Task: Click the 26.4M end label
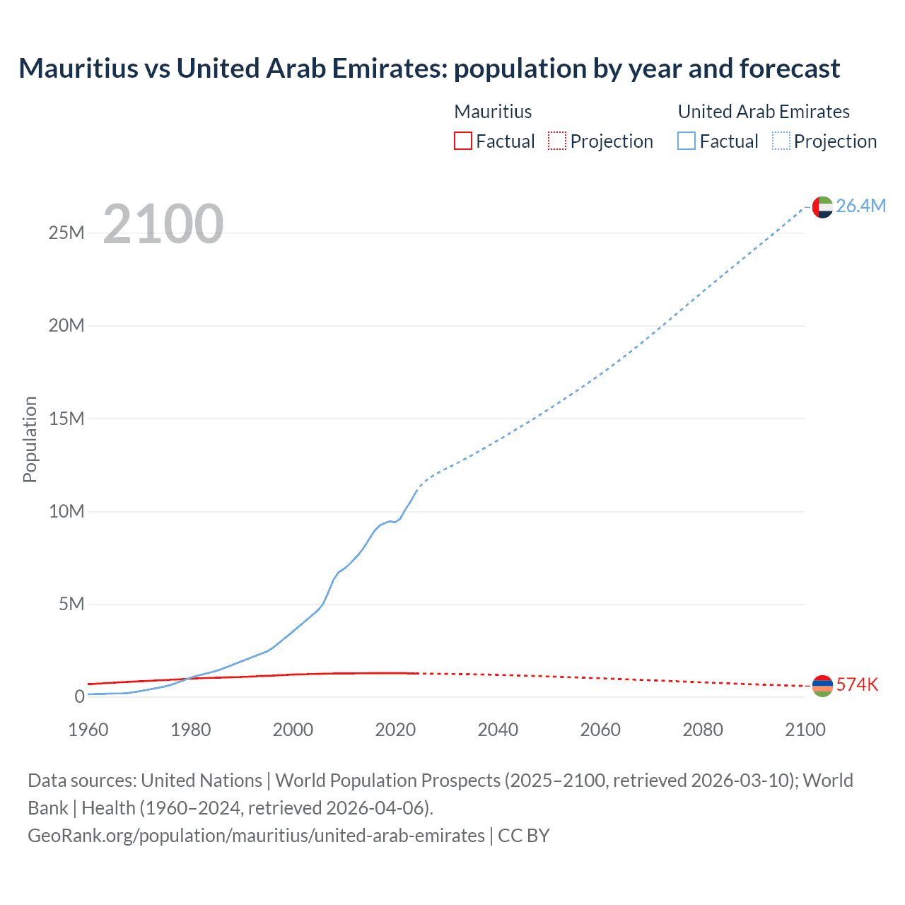pos(860,206)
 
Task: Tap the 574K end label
pos(857,684)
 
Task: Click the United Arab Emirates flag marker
pos(822,207)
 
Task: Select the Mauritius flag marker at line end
pos(822,686)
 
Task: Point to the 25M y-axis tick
pos(66,233)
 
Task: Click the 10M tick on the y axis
pos(66,511)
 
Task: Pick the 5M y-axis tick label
pos(71,604)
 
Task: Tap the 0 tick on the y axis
pos(79,696)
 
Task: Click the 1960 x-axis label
pos(88,730)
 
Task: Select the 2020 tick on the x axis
pos(395,730)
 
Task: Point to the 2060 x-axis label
pos(600,730)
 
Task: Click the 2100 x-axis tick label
pos(805,730)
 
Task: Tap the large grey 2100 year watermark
pos(163,224)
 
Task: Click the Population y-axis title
pos(30,439)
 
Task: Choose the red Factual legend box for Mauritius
pos(463,141)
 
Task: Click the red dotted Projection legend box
pos(557,141)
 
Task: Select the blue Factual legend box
pos(687,141)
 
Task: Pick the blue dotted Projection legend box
pos(781,141)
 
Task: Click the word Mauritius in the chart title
pos(78,69)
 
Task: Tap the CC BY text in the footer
pos(524,836)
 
